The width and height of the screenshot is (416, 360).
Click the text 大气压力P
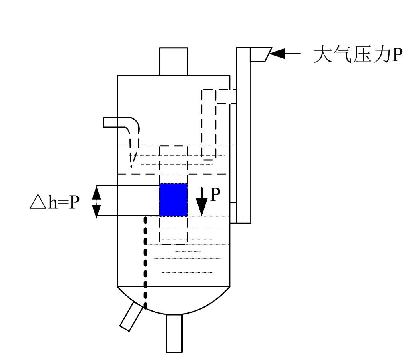(357, 55)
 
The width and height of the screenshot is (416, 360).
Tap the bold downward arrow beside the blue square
(202, 201)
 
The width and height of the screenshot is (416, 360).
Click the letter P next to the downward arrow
(215, 195)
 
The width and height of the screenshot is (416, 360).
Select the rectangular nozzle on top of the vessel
(173, 62)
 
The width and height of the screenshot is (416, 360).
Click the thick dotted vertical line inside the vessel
(146, 260)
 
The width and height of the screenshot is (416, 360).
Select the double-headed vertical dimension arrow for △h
(96, 202)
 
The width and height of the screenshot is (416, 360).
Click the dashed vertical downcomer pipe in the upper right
(208, 128)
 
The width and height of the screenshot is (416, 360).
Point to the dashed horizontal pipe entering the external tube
(226, 96)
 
